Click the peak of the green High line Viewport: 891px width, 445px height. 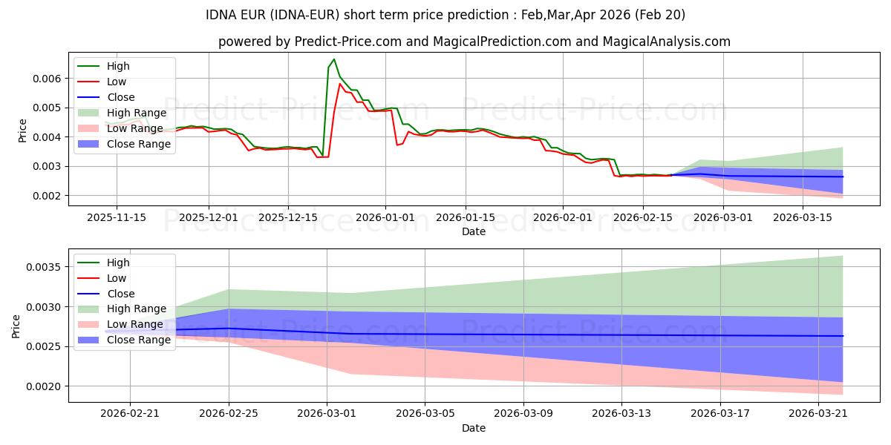coord(334,59)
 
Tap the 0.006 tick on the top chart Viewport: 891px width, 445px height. coord(47,79)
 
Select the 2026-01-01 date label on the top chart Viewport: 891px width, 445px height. coord(385,218)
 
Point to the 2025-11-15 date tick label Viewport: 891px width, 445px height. coord(117,218)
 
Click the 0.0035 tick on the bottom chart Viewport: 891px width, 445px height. coord(44,267)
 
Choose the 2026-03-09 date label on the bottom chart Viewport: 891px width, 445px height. coord(523,414)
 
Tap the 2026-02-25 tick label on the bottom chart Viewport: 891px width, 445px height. coord(229,414)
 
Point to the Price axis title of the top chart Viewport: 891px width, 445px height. coord(22,131)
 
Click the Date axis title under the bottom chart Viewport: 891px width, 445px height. coord(474,428)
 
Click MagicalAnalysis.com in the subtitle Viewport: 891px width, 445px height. coord(667,42)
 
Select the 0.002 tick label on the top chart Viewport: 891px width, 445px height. coord(47,196)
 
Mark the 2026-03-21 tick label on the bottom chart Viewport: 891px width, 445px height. coord(818,414)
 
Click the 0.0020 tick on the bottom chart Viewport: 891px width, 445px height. coord(44,386)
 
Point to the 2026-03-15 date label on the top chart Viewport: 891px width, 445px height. coord(803,218)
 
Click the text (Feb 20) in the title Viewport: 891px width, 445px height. coord(660,15)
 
